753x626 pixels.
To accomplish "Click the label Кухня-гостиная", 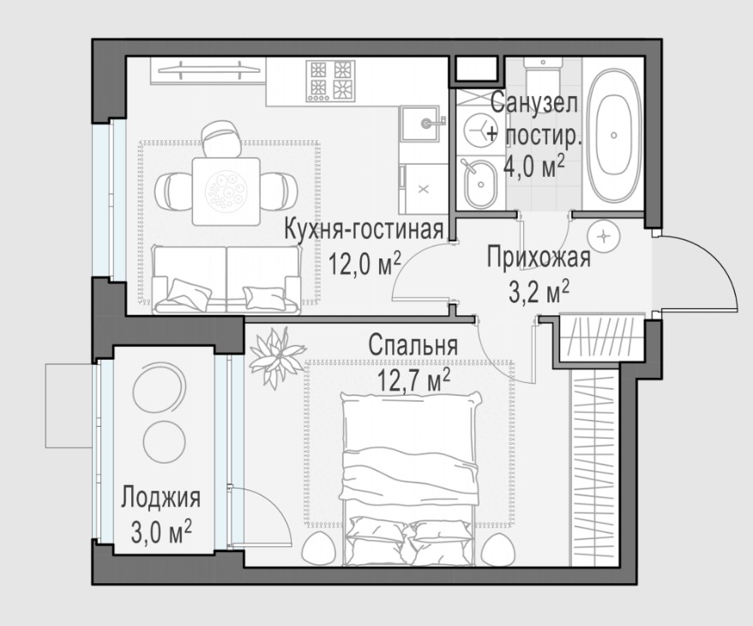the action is [x=364, y=230].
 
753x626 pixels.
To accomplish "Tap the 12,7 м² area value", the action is [x=413, y=380].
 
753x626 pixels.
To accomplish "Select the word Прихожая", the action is [x=539, y=258].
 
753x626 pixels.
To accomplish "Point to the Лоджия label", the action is [x=160, y=497].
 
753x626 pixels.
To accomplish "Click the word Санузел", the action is [x=534, y=103].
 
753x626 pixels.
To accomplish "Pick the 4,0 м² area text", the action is [x=533, y=167].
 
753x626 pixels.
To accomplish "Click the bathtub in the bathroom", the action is [x=614, y=135].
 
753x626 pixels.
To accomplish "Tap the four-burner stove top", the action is [x=331, y=81].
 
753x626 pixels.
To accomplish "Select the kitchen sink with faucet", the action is [x=421, y=123].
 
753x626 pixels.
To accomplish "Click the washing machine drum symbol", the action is [x=479, y=130].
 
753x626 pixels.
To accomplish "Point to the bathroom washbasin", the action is [x=479, y=184].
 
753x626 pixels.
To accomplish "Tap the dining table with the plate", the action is [x=226, y=191].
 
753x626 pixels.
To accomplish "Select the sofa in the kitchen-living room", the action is [x=226, y=280].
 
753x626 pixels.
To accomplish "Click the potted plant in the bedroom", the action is [x=275, y=356].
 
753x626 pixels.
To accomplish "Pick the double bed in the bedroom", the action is [x=410, y=479].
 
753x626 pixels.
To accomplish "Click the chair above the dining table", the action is [x=221, y=137].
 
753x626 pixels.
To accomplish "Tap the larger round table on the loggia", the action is [x=158, y=391].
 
